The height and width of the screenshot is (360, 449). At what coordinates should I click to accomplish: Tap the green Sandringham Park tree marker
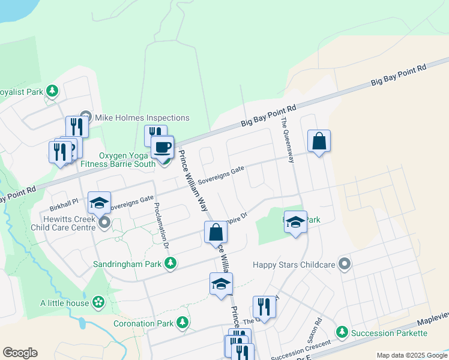(x=171, y=263)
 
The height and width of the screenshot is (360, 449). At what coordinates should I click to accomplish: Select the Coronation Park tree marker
(x=182, y=323)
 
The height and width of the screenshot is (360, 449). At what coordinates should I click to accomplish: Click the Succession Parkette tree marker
(x=342, y=332)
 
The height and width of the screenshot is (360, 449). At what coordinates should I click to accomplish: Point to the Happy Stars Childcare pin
(x=345, y=263)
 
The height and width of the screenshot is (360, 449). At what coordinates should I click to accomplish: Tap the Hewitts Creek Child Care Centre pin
(x=104, y=223)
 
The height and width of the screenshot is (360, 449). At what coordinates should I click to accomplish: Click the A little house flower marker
(x=98, y=302)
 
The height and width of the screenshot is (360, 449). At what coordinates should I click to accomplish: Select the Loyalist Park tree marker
(x=53, y=91)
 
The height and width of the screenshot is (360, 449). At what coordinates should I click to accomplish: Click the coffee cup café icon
(x=161, y=146)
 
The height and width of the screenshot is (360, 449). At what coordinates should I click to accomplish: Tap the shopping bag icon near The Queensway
(x=319, y=142)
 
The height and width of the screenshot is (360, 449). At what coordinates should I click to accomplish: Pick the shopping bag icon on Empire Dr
(x=215, y=232)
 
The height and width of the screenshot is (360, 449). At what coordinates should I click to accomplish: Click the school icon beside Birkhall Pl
(x=100, y=203)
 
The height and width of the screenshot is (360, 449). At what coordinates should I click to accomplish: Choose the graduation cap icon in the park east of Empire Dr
(x=295, y=221)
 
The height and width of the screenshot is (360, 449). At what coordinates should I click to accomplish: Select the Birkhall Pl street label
(x=64, y=203)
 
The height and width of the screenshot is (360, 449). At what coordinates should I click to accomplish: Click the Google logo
(x=20, y=353)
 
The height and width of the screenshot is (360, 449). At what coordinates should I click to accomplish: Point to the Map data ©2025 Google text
(x=411, y=355)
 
